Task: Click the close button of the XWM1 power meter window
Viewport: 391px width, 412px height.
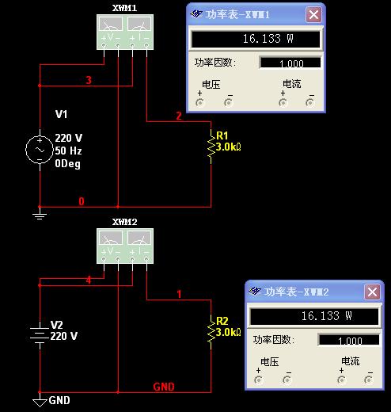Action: [313, 14]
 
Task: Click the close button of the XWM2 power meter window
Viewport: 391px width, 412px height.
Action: [372, 292]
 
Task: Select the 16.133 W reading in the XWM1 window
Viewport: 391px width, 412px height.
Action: [268, 39]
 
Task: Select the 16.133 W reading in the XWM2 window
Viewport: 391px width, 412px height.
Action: [326, 316]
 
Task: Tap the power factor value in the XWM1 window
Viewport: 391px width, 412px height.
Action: [291, 63]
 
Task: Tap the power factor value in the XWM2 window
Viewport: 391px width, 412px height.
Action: [350, 341]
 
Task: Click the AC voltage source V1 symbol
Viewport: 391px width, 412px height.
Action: [40, 150]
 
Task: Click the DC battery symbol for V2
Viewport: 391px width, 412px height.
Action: [40, 335]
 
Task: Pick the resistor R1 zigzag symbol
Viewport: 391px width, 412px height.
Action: [211, 147]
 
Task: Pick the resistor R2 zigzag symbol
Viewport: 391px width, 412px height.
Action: [211, 332]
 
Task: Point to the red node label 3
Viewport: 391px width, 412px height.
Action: [89, 80]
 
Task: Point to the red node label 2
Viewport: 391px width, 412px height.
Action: [179, 116]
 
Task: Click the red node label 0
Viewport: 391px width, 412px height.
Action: [82, 201]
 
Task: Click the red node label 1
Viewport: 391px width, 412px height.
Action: [179, 294]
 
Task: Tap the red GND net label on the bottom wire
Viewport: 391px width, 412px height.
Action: [164, 387]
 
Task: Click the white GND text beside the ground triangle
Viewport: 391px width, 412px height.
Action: [59, 400]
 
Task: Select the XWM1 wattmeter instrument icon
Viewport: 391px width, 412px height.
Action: [125, 32]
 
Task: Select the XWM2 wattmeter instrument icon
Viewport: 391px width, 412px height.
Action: [125, 246]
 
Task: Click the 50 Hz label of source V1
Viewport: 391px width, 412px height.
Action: [68, 151]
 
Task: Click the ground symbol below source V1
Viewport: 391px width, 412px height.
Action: [40, 215]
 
